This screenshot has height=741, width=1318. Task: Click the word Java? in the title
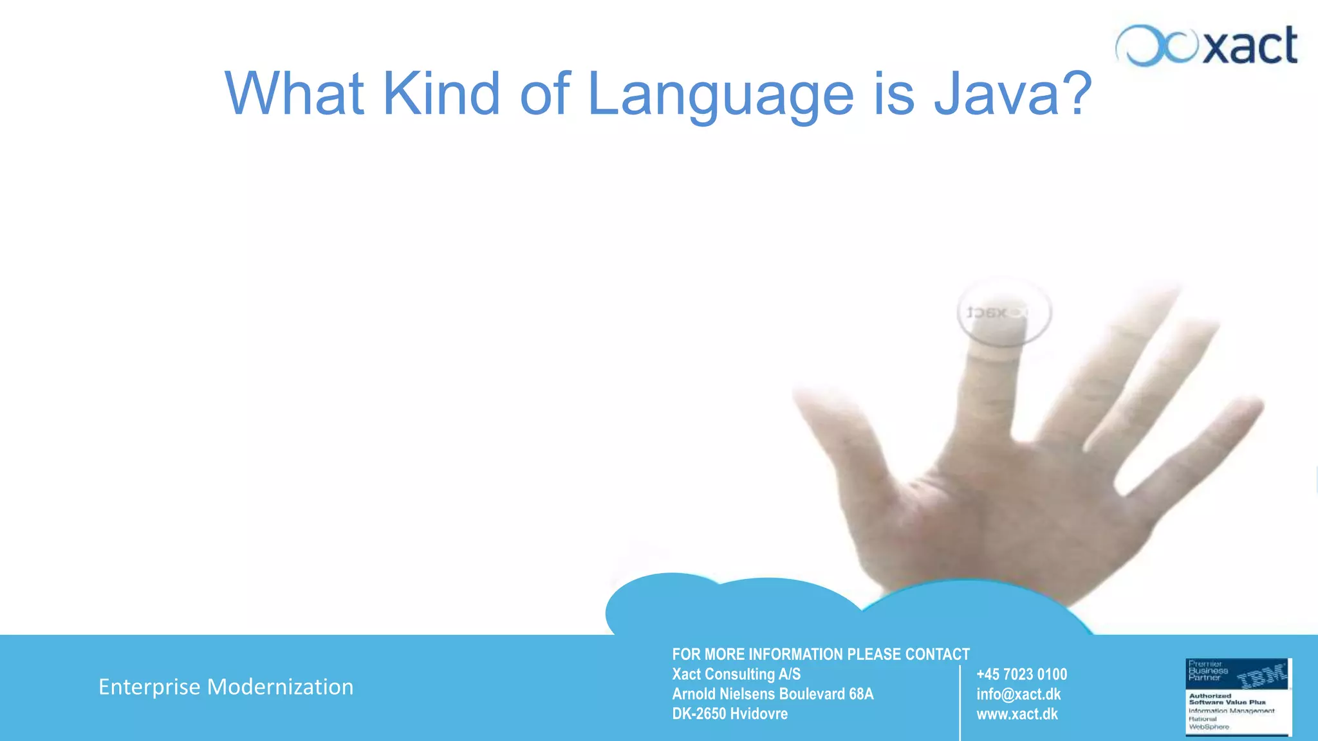(x=1012, y=94)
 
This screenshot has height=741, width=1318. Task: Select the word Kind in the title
(x=441, y=94)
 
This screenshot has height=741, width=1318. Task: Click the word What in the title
(x=294, y=94)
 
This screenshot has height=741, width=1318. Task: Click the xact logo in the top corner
(x=1207, y=46)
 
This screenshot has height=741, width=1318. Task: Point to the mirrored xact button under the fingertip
(x=1004, y=312)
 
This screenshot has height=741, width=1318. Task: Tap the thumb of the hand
(x=837, y=437)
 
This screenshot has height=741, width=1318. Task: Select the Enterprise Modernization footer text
(x=226, y=687)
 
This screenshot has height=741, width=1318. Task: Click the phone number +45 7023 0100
(x=1021, y=674)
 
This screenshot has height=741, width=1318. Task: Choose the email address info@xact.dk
(x=1018, y=694)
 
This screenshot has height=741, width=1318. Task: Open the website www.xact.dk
(x=1017, y=714)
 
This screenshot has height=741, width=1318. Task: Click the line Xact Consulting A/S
(x=736, y=674)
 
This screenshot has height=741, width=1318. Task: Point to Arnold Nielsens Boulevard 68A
(x=772, y=694)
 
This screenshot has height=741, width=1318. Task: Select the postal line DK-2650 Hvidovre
(x=730, y=714)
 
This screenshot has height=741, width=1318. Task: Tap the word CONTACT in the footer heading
(x=937, y=654)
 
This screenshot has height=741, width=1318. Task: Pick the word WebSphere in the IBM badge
(x=1209, y=727)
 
